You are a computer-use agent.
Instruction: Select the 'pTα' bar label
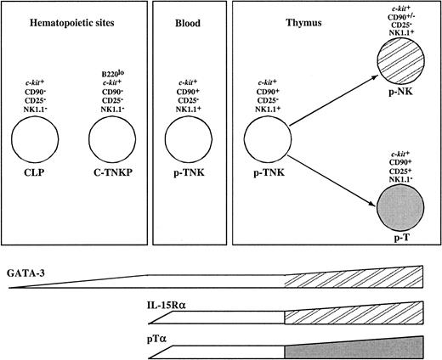[x=158, y=336]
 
